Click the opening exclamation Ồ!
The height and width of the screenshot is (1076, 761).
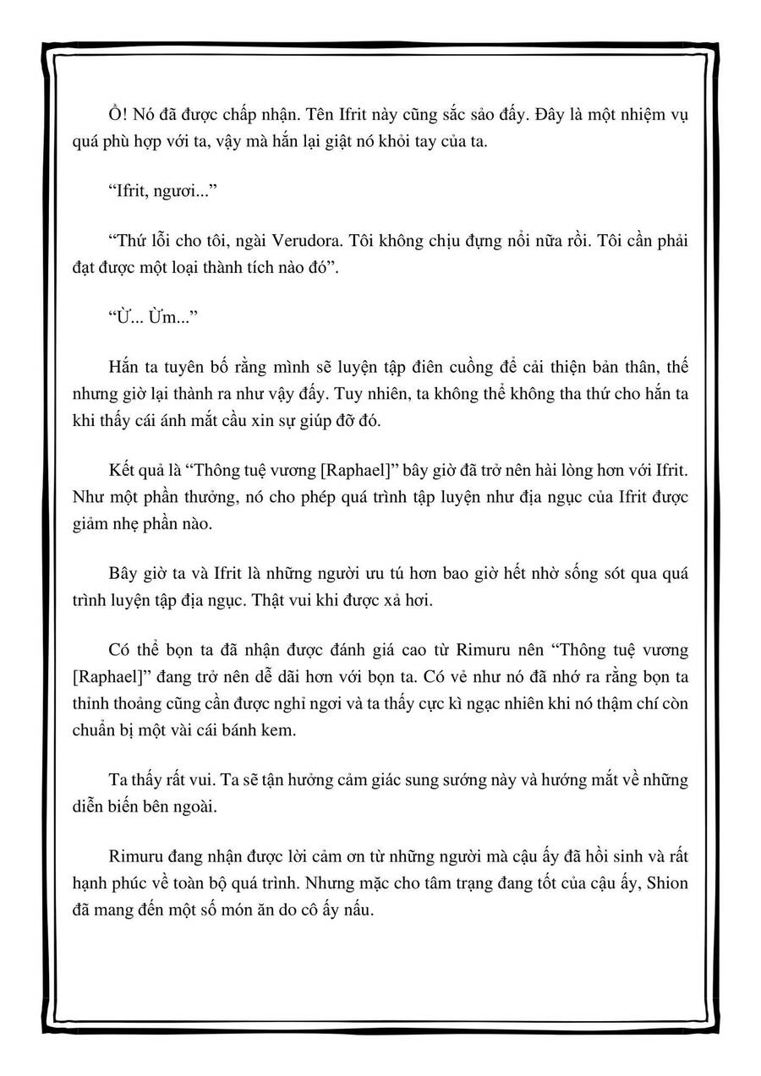(120, 115)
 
